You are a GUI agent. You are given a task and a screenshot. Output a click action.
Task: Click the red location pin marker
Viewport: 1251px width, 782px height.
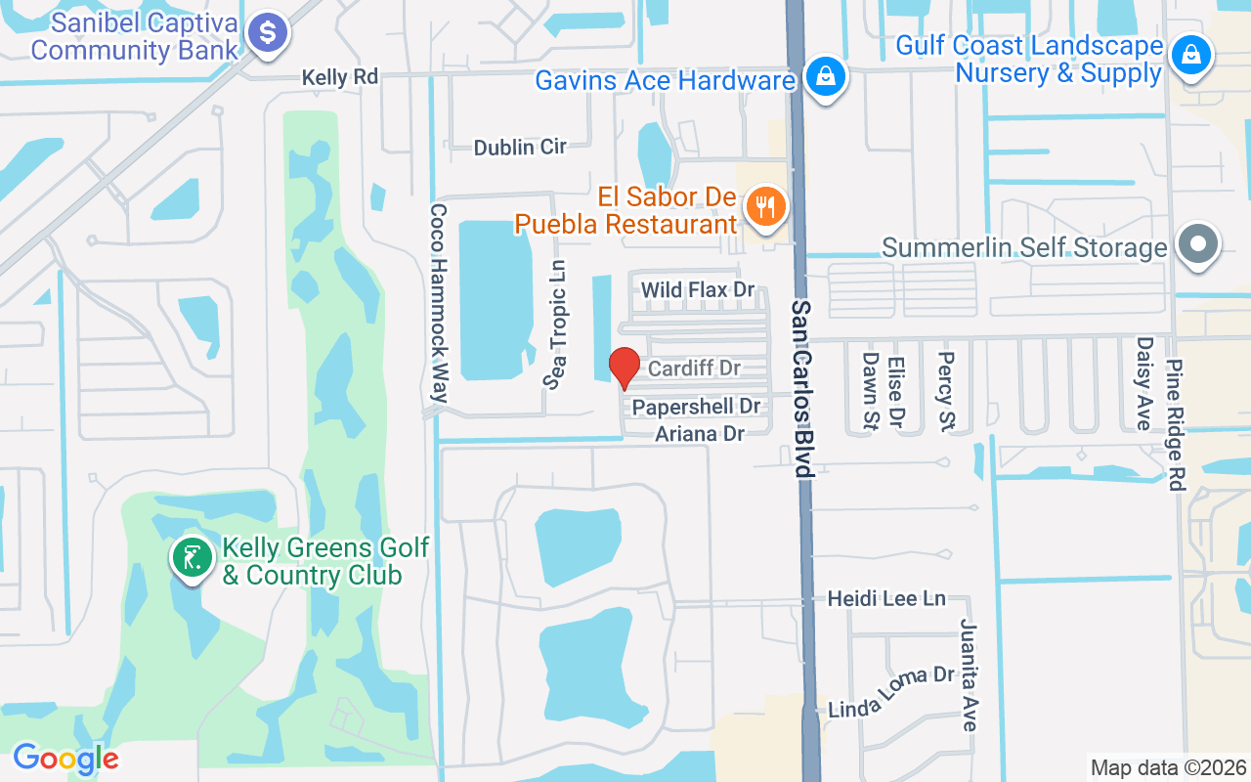coord(625,368)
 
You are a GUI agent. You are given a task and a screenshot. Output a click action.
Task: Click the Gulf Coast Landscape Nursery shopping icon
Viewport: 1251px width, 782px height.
coord(1191,54)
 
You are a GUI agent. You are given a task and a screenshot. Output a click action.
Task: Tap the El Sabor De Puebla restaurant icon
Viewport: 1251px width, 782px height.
coord(766,207)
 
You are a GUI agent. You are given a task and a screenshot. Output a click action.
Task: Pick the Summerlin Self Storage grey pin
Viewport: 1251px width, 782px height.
coord(1197,243)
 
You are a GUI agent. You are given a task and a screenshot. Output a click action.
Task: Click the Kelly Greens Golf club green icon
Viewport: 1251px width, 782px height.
coord(192,558)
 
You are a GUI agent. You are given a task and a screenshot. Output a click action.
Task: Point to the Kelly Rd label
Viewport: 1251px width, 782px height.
coord(339,77)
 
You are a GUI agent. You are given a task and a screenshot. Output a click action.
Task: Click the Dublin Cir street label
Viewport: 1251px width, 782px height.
coord(520,148)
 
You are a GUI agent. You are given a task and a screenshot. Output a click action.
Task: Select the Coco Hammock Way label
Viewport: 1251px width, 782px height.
coord(439,303)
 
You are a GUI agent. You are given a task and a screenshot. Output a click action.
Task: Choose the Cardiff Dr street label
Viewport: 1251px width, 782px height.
coord(694,369)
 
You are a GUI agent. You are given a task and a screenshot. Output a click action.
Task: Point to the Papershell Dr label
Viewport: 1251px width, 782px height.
coord(696,406)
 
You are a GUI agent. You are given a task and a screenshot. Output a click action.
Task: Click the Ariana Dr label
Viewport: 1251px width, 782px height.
coord(700,433)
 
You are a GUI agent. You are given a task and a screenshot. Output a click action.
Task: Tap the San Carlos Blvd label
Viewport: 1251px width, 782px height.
coord(802,388)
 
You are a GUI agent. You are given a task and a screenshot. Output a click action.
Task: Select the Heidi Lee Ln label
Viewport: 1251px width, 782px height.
coord(886,597)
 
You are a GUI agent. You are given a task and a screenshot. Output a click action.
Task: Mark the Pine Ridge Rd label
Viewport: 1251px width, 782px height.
coord(1176,423)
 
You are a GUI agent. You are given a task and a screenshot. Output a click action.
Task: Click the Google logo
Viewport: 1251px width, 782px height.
coord(65,759)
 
